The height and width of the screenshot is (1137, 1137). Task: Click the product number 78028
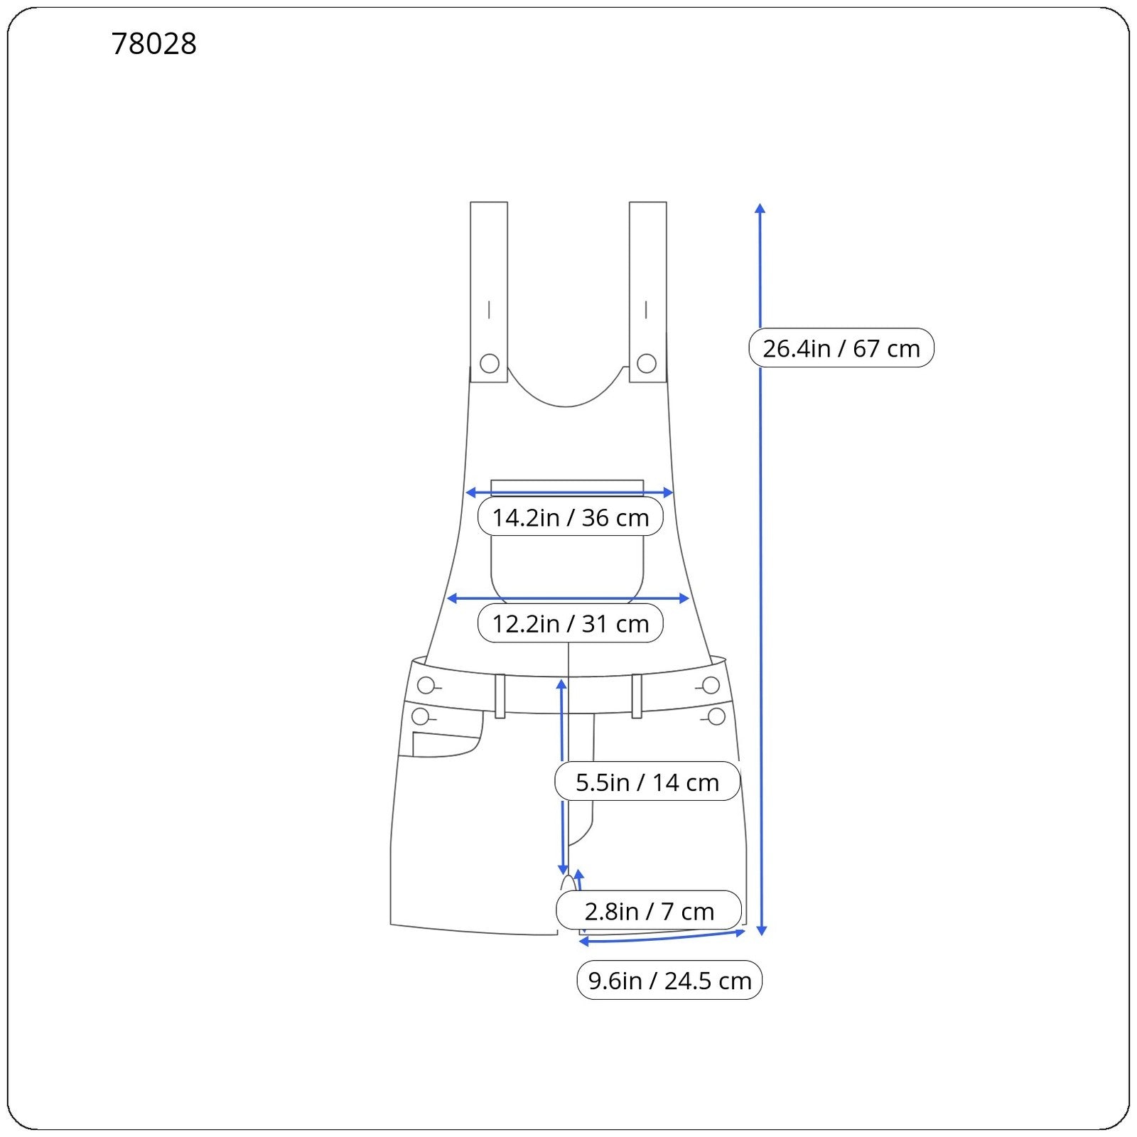[x=154, y=43]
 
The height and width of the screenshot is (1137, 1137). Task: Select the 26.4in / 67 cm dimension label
[x=841, y=348]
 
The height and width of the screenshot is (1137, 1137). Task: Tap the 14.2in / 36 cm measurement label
[x=571, y=517]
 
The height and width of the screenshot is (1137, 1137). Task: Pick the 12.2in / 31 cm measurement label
[x=571, y=623]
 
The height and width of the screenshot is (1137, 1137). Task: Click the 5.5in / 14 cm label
[x=647, y=782]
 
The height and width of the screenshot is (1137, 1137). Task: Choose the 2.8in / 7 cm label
[x=649, y=910]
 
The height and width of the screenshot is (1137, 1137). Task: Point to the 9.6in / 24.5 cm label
[x=669, y=980]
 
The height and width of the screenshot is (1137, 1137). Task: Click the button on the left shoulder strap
[x=490, y=364]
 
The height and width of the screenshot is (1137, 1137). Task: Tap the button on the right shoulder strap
[x=647, y=364]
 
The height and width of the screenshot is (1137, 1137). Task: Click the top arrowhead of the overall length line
[x=760, y=208]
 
